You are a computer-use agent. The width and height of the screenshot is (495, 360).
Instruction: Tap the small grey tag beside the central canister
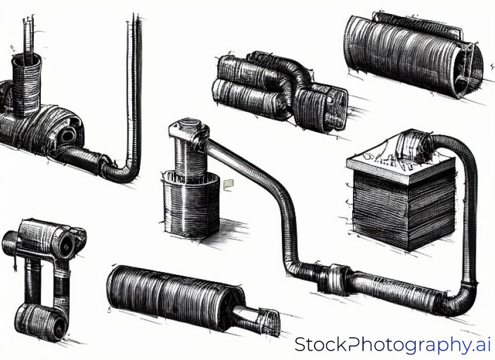point(228,185)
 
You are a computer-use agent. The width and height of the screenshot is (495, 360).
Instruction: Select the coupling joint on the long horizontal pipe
point(334,279)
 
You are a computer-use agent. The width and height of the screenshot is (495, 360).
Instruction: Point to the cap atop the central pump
point(189,129)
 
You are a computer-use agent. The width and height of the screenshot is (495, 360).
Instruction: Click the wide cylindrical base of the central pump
point(190,204)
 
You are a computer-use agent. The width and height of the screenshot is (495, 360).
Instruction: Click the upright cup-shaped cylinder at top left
point(27,84)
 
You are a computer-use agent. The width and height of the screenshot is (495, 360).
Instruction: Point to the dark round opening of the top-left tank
point(67,136)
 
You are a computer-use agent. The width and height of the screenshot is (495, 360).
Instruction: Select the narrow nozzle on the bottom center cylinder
point(256,318)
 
